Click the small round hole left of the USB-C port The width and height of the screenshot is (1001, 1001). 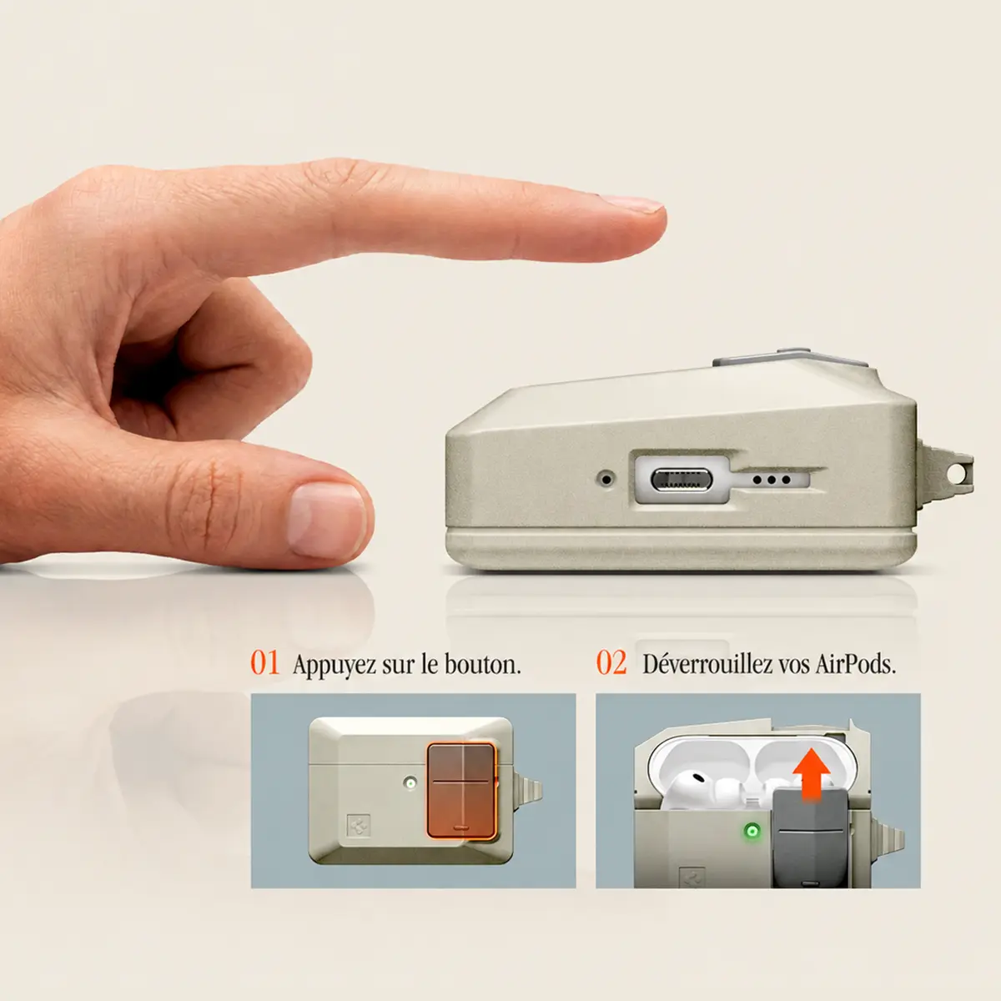pyautogui.click(x=606, y=479)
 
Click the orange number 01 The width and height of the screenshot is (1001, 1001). pyautogui.click(x=265, y=663)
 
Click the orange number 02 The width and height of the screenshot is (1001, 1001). pyautogui.click(x=611, y=663)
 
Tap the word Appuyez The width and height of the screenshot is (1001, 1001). pyautogui.click(x=333, y=666)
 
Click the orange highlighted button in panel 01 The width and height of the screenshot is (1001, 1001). pyautogui.click(x=461, y=791)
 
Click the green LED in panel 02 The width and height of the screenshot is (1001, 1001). pyautogui.click(x=751, y=831)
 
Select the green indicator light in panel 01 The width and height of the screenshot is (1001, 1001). pyautogui.click(x=411, y=782)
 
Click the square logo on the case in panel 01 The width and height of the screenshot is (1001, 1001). pyautogui.click(x=359, y=825)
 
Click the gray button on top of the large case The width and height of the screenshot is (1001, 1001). pyautogui.click(x=790, y=358)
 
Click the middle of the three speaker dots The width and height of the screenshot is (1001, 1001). pyautogui.click(x=772, y=480)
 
